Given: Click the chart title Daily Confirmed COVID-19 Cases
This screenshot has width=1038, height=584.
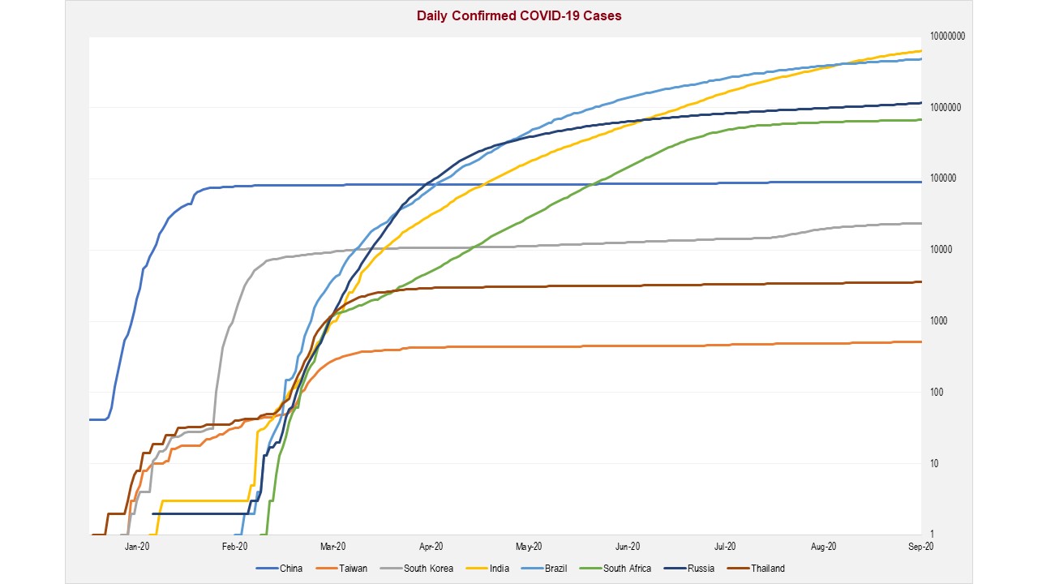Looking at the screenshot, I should coord(519,15).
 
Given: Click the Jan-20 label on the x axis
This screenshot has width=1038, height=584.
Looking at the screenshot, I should coord(137,547).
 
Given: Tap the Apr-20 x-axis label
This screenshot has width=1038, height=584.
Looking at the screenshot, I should coord(431,547).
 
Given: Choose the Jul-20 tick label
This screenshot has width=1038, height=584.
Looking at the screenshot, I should coord(725,547).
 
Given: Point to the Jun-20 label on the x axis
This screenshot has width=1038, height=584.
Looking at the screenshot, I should coord(628,547).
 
